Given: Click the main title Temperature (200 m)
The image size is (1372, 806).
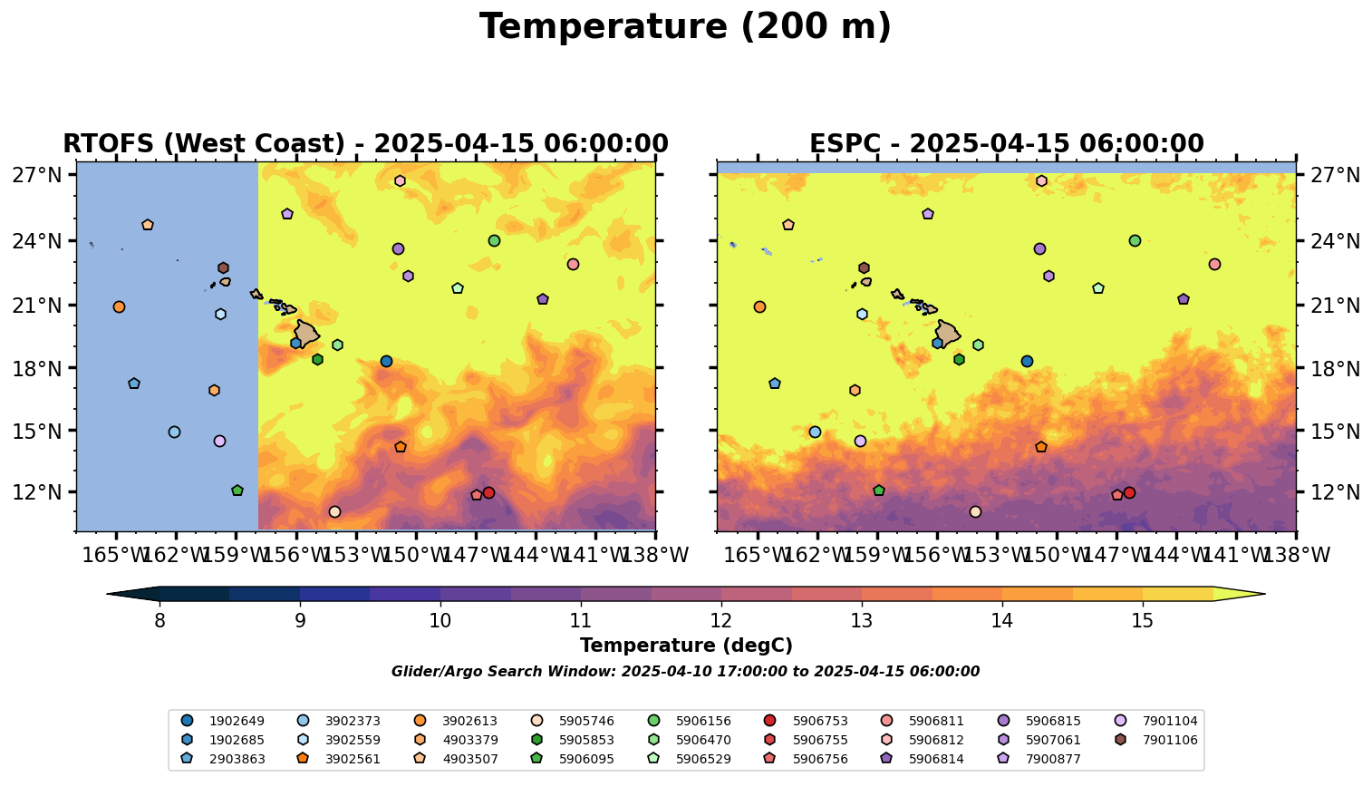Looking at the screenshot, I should pyautogui.click(x=685, y=27).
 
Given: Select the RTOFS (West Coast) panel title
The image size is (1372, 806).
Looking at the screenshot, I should pyautogui.click(x=365, y=144).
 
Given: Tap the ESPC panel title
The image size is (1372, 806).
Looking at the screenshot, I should pyautogui.click(x=1006, y=144).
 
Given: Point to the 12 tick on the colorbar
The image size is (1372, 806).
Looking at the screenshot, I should pyautogui.click(x=720, y=621).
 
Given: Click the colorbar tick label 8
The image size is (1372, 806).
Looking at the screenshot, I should pyautogui.click(x=159, y=621).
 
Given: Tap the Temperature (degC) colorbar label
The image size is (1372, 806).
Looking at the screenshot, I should pyautogui.click(x=686, y=646).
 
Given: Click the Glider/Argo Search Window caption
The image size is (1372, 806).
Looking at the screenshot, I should pyautogui.click(x=685, y=672).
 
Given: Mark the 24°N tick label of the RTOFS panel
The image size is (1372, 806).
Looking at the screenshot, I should pyautogui.click(x=36, y=241).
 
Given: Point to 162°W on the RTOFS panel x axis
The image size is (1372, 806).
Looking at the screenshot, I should pyautogui.click(x=176, y=555).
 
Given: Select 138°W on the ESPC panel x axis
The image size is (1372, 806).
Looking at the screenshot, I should pyautogui.click(x=1295, y=555).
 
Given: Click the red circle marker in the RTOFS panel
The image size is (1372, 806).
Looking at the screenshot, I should pyautogui.click(x=488, y=492).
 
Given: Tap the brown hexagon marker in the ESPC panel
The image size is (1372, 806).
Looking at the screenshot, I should pyautogui.click(x=864, y=267).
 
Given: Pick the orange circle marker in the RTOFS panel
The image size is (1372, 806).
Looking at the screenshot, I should pyautogui.click(x=119, y=306).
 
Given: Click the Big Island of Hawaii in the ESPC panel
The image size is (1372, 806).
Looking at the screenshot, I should pyautogui.click(x=947, y=334).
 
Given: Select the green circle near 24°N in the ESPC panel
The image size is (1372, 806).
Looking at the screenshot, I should pyautogui.click(x=1135, y=240).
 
